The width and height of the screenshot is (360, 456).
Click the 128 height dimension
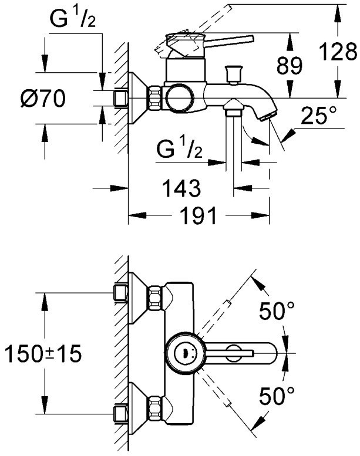tap(339, 52)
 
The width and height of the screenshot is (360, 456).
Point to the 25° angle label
tap(319, 117)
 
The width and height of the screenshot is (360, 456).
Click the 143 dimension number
tap(181, 188)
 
